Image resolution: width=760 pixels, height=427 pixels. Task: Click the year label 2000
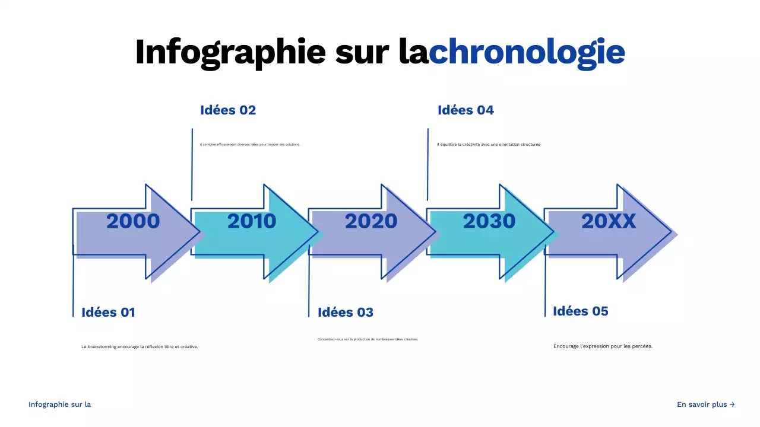click(133, 221)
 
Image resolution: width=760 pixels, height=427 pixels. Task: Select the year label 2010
click(252, 221)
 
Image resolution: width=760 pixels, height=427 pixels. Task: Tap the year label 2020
click(371, 221)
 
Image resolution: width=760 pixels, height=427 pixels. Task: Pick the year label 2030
click(489, 221)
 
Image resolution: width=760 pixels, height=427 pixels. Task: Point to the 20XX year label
click(609, 221)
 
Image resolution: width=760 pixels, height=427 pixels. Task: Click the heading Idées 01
click(108, 313)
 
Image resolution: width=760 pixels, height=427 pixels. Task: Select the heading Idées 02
click(228, 110)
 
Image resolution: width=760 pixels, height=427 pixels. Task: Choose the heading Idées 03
click(346, 313)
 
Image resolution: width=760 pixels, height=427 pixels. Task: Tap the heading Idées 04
click(465, 110)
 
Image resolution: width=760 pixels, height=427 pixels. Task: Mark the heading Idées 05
click(581, 311)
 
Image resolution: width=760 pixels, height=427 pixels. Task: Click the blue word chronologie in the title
click(527, 52)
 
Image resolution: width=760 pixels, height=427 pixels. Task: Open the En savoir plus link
click(706, 404)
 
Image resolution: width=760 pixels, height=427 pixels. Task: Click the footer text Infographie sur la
click(59, 404)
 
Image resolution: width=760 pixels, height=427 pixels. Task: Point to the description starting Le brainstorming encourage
click(140, 347)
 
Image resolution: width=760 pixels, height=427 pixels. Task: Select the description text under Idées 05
click(603, 346)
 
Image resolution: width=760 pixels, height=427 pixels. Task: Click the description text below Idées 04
click(489, 145)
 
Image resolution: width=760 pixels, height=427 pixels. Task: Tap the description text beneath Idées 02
click(250, 145)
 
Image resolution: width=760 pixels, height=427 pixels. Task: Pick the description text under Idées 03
click(368, 339)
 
